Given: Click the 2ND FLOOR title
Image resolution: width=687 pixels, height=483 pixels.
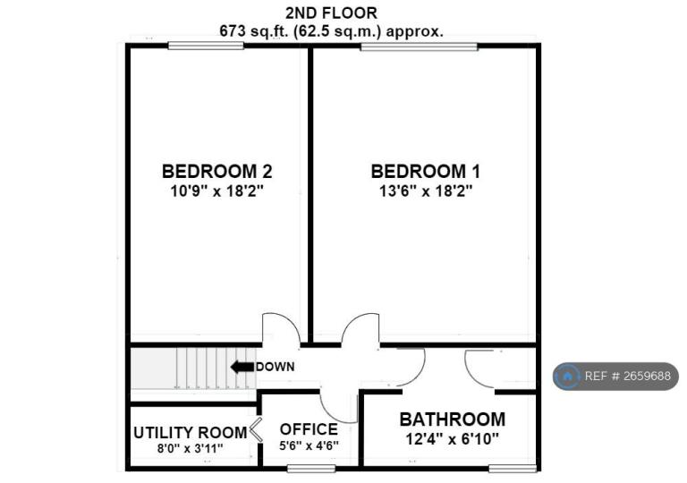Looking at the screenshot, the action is tap(331, 13).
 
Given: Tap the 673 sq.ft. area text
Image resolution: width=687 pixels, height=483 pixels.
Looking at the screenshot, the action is tap(332, 31).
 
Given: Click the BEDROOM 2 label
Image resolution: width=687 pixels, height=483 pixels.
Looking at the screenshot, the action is tap(216, 171).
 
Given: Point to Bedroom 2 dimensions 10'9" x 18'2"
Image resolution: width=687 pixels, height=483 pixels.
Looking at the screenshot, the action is tap(216, 191).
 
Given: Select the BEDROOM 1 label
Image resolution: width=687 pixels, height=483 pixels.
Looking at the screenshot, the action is tap(426, 171).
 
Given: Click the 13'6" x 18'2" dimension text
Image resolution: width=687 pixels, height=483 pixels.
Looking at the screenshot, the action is tap(426, 191).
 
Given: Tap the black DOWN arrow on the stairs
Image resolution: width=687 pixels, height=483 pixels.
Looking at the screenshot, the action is tap(242, 367).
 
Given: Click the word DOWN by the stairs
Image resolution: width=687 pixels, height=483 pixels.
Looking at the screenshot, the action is tap(276, 367).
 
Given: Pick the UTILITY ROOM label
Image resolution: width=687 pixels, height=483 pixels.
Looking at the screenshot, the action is tap(191, 433).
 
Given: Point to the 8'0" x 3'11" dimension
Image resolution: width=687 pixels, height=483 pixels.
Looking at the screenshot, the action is tap(191, 448).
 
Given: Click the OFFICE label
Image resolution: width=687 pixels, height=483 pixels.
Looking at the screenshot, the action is tap(309, 429).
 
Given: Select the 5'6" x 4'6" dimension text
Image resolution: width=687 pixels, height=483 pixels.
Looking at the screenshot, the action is tap(309, 445).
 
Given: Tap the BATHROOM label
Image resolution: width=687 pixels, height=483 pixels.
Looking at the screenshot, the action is tap(452, 419).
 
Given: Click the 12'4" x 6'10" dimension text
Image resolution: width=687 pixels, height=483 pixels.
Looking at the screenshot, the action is tap(452, 439).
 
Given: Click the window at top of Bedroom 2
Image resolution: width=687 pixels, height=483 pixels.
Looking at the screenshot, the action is tap(206, 46).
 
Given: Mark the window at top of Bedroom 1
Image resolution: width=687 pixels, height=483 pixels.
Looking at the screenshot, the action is tap(420, 47).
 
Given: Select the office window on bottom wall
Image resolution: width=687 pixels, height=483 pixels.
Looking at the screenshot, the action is tap(311, 469).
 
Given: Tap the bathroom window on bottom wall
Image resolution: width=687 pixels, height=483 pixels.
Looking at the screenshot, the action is tap(513, 469).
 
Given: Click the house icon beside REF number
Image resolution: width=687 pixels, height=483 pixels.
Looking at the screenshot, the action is tap(568, 376).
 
